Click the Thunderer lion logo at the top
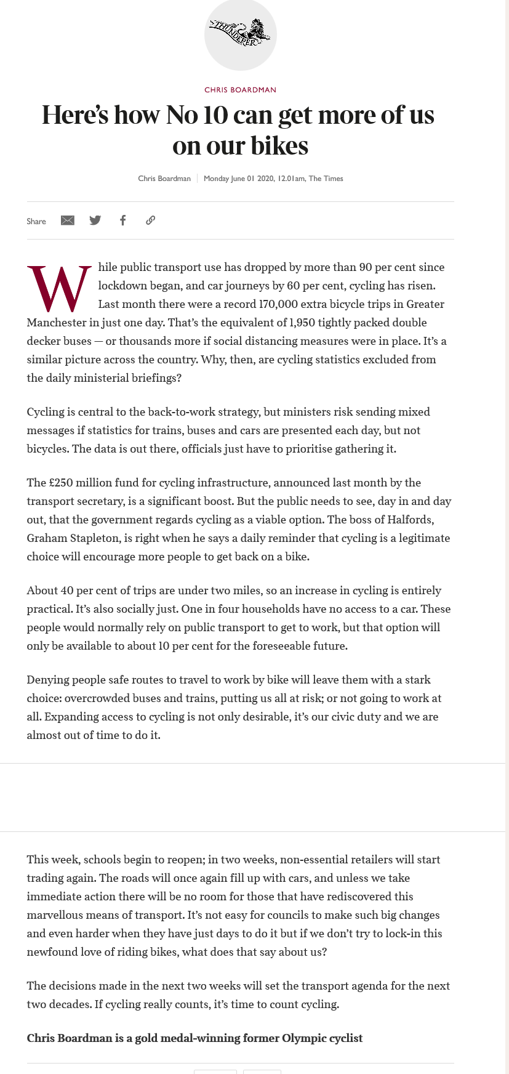pyautogui.click(x=240, y=33)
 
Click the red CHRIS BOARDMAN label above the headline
pyautogui.click(x=240, y=90)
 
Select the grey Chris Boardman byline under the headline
pyautogui.click(x=164, y=179)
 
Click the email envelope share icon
pyautogui.click(x=68, y=220)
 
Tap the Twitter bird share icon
pyautogui.click(x=95, y=220)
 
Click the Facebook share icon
pyautogui.click(x=123, y=220)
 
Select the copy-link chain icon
pyautogui.click(x=150, y=220)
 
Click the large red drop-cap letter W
pyautogui.click(x=59, y=288)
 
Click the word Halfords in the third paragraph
pyautogui.click(x=411, y=520)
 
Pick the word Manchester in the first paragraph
pyautogui.click(x=57, y=323)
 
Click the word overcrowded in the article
pyautogui.click(x=105, y=698)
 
